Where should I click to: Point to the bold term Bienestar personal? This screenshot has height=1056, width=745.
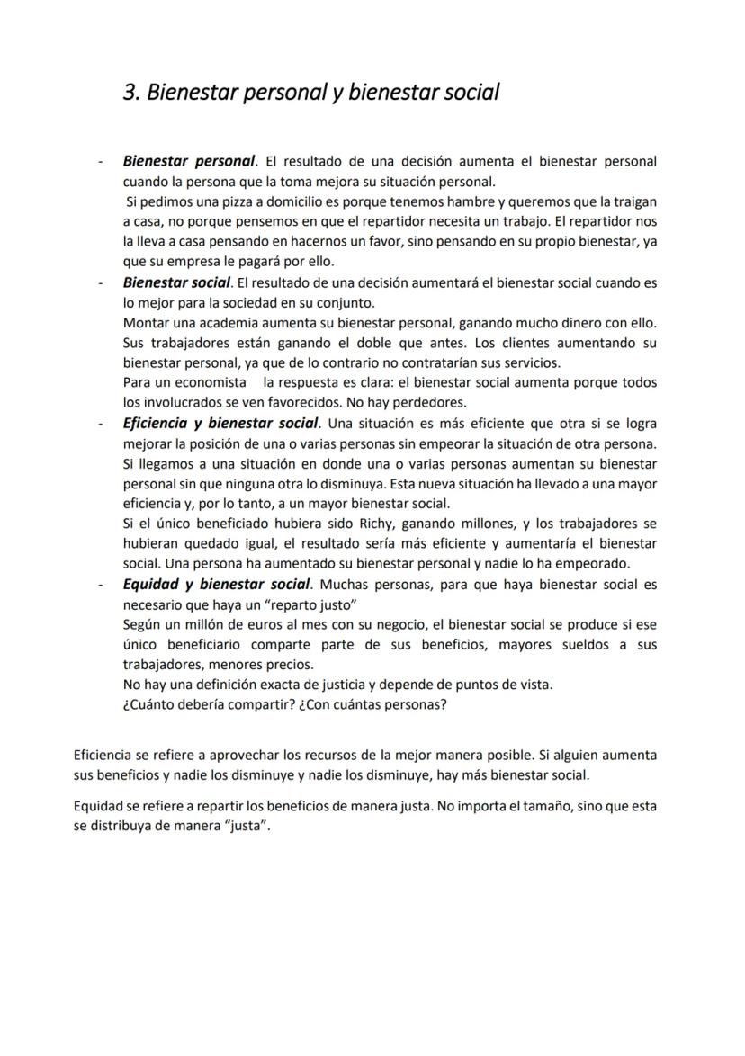[x=189, y=161]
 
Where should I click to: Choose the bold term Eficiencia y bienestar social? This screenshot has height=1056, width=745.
[x=220, y=423]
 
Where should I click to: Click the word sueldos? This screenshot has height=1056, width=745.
[x=585, y=645]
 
